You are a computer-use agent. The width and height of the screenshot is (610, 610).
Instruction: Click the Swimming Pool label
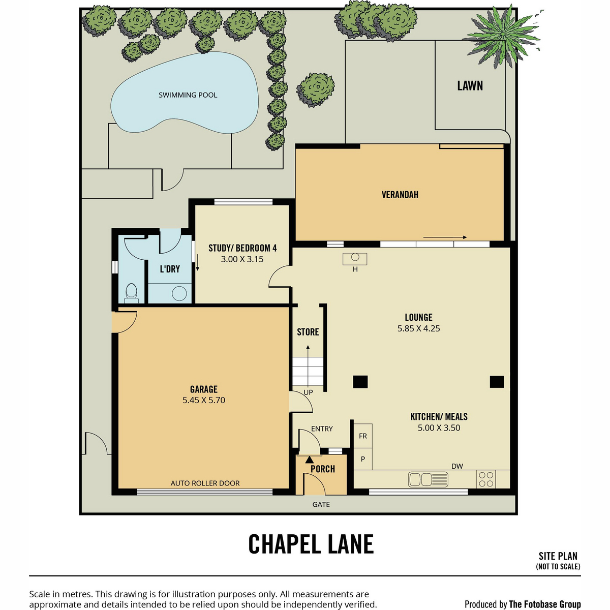coord(188,95)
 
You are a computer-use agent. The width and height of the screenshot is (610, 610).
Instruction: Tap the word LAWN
coord(470,86)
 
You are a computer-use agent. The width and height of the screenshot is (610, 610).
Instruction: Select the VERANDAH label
coord(400,194)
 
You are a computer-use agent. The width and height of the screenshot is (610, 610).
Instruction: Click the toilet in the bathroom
coord(131,293)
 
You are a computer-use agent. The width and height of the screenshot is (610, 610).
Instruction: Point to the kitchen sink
coord(428,479)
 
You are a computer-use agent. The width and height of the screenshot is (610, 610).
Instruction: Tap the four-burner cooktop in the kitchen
coord(486,479)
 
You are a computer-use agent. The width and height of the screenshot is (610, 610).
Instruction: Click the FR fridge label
coord(363,436)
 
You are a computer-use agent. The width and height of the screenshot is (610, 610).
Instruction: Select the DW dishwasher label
coord(457,466)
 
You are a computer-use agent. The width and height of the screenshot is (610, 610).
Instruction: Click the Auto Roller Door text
coord(205,483)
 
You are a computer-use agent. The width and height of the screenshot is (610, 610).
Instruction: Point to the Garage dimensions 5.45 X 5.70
coord(203,400)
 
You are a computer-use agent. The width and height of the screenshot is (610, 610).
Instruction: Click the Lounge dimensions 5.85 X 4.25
coord(418,328)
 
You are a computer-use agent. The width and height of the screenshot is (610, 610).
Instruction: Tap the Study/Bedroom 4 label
coord(242,248)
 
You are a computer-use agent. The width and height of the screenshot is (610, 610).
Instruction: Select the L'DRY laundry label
coord(170,269)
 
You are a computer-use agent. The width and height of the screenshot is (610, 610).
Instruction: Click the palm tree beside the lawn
coord(503,35)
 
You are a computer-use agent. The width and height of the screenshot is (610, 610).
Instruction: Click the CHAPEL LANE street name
coord(311,544)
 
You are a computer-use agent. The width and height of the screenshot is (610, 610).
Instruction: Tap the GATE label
coord(321,504)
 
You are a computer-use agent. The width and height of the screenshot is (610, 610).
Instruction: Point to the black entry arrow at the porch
coord(309,460)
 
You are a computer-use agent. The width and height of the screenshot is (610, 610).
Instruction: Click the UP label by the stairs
coord(308,392)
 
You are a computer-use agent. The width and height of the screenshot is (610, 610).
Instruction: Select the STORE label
coord(308,332)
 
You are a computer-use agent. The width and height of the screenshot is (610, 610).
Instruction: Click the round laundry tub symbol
coord(179,293)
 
